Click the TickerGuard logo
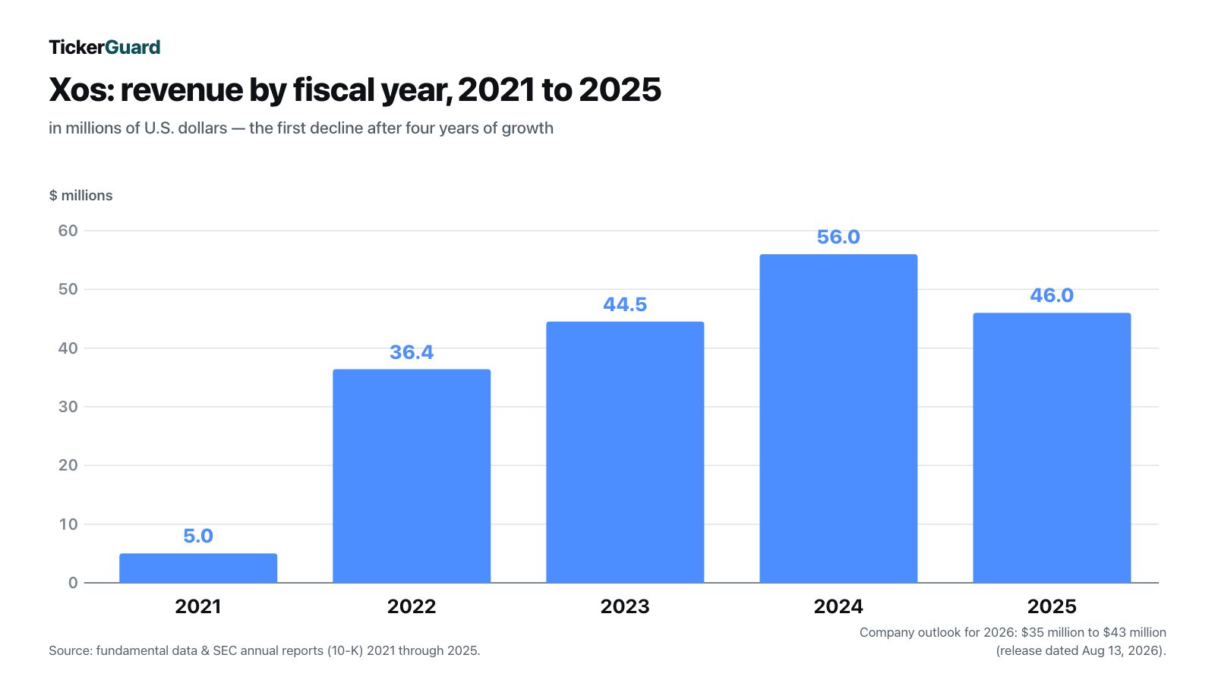point(105,47)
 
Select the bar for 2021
point(198,568)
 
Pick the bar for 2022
point(412,476)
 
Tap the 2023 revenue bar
point(625,452)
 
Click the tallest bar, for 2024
point(838,418)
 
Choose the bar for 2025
point(1052,448)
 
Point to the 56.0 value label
point(838,237)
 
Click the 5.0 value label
point(198,536)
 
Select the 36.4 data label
point(412,352)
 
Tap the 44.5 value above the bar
point(625,304)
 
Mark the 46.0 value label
point(1052,295)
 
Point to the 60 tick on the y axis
point(68,231)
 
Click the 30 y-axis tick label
point(68,407)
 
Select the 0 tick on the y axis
point(73,583)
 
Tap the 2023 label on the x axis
point(625,606)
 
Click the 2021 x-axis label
point(198,606)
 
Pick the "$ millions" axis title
point(80,196)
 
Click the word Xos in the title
point(81,90)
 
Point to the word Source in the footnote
point(70,650)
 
